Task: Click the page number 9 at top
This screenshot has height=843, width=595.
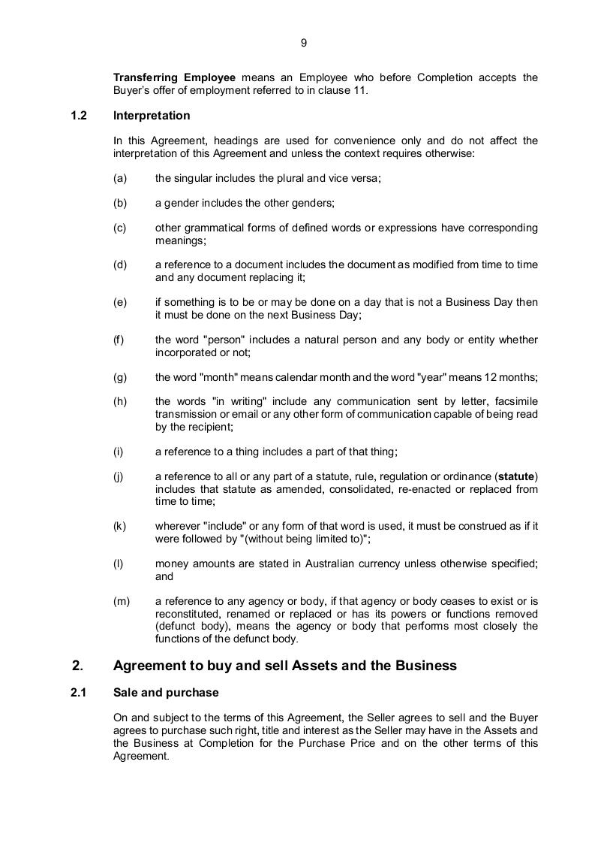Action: (303, 43)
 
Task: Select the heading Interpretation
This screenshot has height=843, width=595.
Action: (152, 116)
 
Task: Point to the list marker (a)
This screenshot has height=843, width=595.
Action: (119, 178)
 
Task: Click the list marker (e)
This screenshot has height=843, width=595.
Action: (119, 302)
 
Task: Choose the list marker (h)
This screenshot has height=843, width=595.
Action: (119, 401)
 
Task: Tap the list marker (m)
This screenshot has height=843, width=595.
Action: (121, 601)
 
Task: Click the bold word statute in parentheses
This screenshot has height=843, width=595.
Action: (518, 476)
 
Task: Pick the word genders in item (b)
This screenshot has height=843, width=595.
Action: (314, 203)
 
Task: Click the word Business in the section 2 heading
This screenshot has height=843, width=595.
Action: (427, 666)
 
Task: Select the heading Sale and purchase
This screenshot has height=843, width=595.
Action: (166, 693)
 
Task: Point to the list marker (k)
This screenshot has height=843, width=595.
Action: (119, 526)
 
